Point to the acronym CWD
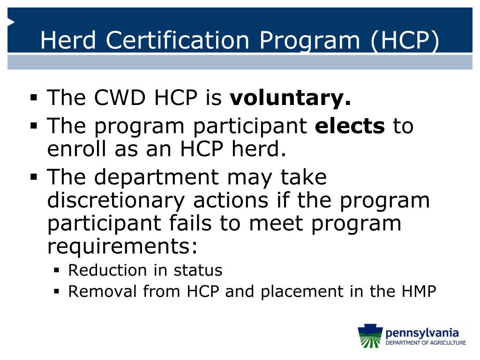120,98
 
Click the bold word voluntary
290,98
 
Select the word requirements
122,246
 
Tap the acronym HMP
418,292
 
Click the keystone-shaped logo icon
370,337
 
